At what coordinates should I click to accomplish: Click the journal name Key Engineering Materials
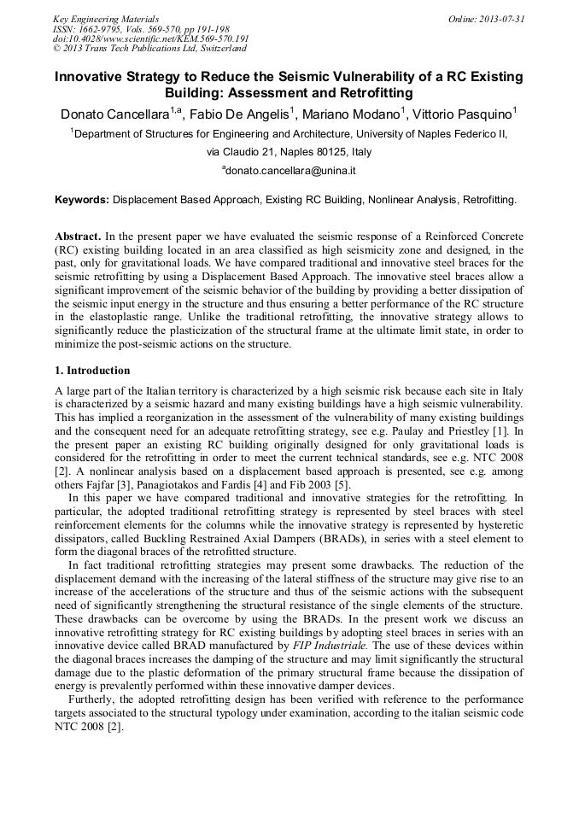click(x=106, y=19)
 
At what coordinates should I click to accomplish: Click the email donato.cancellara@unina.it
click(x=290, y=171)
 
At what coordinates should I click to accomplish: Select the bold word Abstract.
click(x=79, y=235)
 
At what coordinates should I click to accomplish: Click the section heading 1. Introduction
click(x=92, y=371)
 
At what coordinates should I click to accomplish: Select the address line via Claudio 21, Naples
click(x=289, y=152)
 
